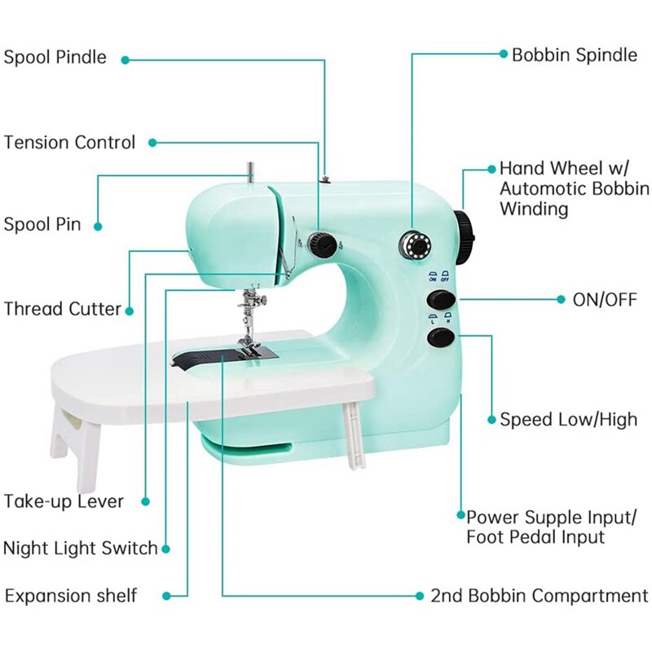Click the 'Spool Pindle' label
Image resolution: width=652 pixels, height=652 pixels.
click(x=55, y=58)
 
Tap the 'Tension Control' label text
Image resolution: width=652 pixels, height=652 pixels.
click(x=69, y=143)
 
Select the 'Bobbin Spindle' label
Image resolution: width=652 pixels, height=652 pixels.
click(x=575, y=55)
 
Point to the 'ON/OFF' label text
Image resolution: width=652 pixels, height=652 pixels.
click(x=604, y=299)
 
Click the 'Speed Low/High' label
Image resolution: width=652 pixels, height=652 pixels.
click(x=568, y=420)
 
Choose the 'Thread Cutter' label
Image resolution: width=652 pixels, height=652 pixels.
click(x=62, y=309)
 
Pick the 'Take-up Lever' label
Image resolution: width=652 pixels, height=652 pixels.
click(x=64, y=501)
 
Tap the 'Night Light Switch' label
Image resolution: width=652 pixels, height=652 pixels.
click(x=80, y=548)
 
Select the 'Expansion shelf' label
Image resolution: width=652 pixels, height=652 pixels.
click(x=71, y=595)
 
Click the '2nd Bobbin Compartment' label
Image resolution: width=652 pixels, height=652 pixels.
click(x=540, y=595)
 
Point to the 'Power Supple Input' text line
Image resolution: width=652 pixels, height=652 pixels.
click(x=552, y=518)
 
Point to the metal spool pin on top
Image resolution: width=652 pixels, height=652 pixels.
click(x=251, y=173)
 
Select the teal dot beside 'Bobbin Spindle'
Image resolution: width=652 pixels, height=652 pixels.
click(x=503, y=54)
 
